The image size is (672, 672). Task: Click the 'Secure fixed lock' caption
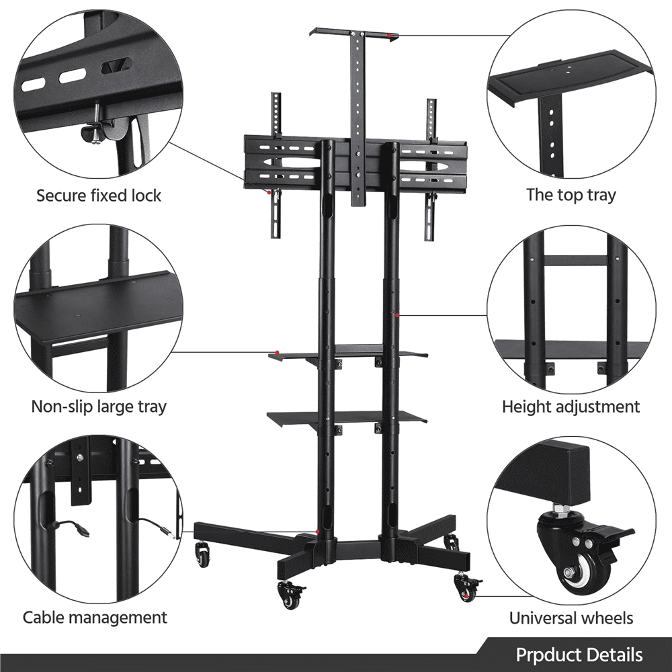click(99, 196)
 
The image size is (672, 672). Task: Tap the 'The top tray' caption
click(571, 195)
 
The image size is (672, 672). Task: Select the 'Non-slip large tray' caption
click(99, 407)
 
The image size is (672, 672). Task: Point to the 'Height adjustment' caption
click(571, 407)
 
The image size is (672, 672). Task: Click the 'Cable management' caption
click(95, 617)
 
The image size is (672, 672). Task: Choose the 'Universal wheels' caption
click(571, 618)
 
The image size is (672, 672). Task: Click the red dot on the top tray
click(388, 35)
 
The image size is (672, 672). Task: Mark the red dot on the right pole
click(397, 315)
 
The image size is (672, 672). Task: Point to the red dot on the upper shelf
click(278, 353)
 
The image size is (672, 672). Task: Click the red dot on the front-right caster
click(466, 595)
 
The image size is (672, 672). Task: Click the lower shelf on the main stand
click(347, 417)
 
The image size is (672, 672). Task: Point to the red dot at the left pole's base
click(318, 532)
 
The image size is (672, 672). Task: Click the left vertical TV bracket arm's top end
click(276, 94)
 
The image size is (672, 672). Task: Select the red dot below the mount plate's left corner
click(269, 192)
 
